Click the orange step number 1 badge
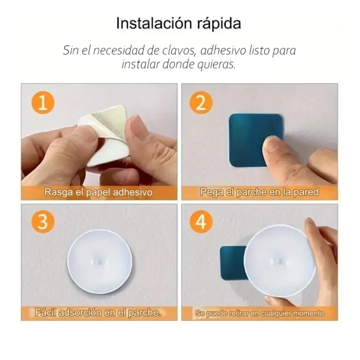43,103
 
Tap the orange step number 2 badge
201,103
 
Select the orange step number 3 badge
43,222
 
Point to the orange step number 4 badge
201,222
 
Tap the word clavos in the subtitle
179,51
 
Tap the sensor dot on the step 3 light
99,261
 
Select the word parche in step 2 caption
251,192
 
